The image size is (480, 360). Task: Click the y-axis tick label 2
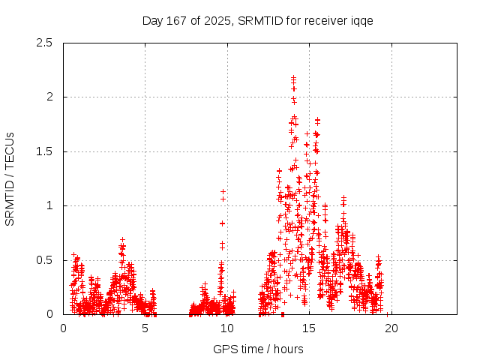pos(49,97)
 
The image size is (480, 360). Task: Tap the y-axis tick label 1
pos(49,205)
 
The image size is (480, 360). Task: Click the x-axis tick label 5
pos(145,328)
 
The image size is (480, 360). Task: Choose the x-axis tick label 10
pos(227,328)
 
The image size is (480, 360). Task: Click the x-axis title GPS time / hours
pos(258,349)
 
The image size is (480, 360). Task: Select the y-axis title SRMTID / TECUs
pos(10,178)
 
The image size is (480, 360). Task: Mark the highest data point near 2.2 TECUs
pos(293,77)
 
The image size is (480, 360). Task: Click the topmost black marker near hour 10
pos(223,192)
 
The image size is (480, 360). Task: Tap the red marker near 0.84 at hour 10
pos(222,223)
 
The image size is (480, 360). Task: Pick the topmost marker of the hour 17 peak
pos(343,198)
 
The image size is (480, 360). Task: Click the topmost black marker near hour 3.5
pos(122,240)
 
